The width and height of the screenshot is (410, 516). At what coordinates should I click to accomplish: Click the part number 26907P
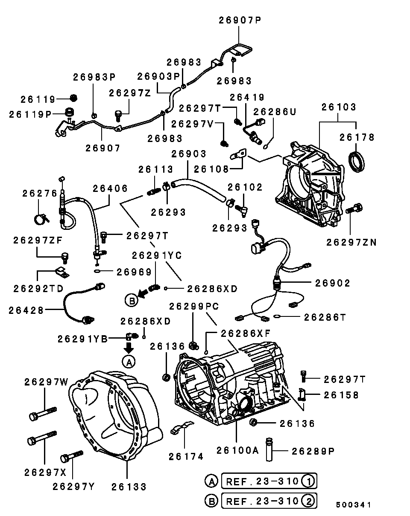240,20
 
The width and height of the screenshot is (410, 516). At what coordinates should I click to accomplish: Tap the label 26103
338,107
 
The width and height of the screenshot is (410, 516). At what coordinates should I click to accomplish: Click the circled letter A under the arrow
129,362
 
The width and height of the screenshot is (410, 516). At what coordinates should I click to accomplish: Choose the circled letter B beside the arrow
132,301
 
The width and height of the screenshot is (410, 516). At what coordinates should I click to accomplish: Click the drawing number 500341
353,505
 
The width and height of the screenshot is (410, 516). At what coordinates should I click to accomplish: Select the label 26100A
237,450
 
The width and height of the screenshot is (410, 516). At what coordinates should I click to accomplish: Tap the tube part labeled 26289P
269,450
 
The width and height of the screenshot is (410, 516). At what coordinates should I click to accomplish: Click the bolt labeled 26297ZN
354,209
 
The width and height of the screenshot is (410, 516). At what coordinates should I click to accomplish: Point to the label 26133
129,487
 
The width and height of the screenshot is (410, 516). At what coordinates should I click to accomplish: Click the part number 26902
333,283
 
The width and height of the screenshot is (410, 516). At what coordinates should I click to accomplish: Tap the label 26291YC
157,255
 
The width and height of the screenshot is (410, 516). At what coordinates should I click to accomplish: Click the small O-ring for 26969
98,271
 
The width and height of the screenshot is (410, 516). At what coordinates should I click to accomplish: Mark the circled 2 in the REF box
309,501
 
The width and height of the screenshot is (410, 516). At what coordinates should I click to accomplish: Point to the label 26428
26,310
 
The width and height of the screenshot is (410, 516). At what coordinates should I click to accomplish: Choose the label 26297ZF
38,240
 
